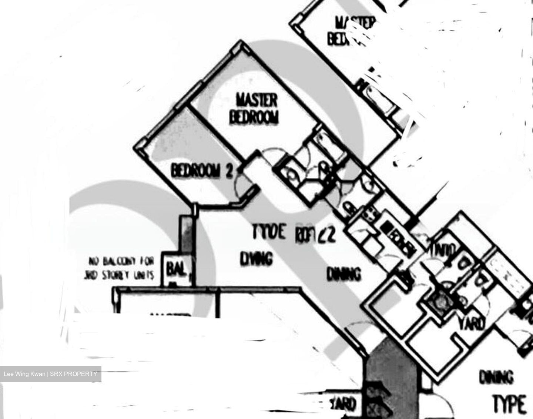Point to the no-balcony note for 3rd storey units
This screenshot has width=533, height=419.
[121, 269]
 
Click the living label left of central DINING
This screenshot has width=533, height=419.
[257, 259]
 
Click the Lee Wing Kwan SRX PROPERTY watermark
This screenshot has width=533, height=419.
[50, 374]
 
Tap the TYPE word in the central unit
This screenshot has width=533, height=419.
[269, 232]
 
